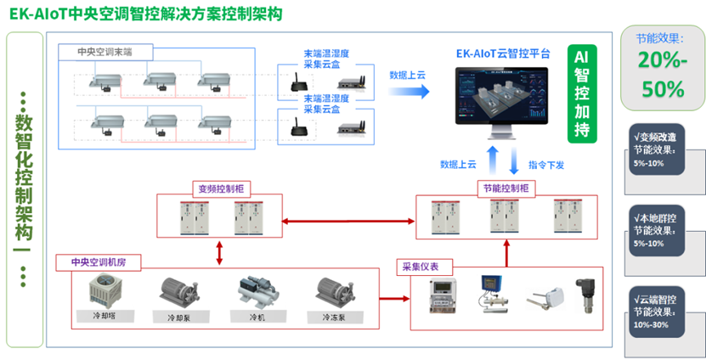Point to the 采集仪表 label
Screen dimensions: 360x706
pos(421,267)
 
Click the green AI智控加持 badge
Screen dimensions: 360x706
pos(583,93)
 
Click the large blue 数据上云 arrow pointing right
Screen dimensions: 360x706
pos(410,90)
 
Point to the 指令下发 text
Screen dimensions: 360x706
pos(546,164)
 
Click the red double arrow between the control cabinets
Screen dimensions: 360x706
pos(347,221)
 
